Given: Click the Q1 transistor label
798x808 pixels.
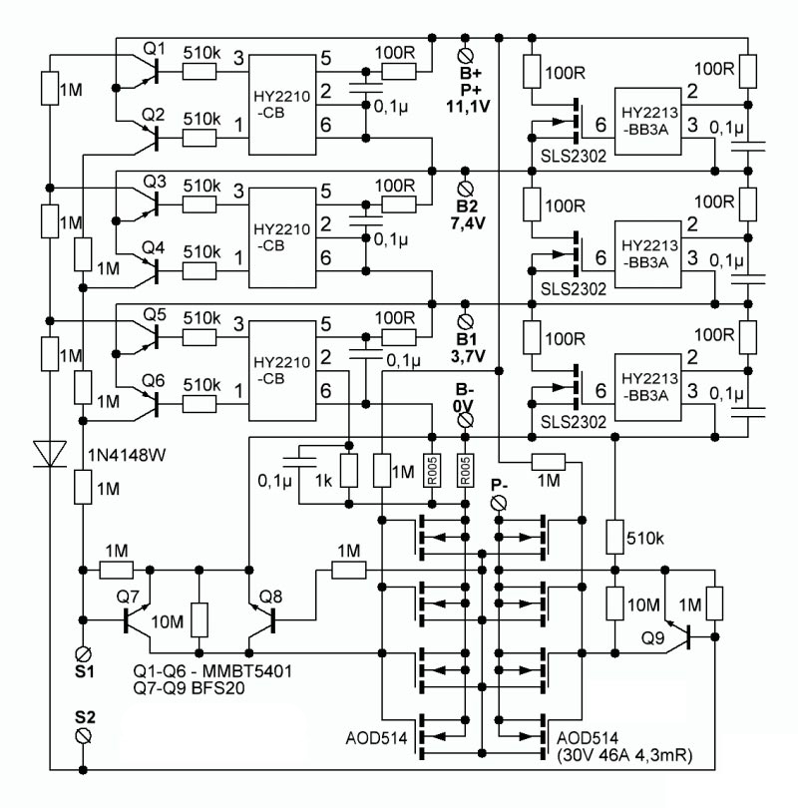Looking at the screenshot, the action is coord(154,49).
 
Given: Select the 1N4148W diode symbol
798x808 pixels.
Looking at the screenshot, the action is coord(50,454).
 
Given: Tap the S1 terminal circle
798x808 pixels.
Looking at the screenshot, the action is coord(83,654).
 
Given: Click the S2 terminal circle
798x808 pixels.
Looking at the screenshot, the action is coord(83,736).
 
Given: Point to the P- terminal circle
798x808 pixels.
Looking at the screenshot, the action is coord(499,503).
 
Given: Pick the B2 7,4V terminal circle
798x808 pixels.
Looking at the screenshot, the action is coord(465,189).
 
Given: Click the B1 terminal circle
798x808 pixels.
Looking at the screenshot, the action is coord(465,322).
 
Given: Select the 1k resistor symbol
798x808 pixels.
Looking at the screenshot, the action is coord(349,471).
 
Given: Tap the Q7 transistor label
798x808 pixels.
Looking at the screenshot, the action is coord(128,597).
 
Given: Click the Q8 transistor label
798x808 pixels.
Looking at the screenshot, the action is coord(270,597).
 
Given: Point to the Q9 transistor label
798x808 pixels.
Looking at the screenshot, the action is coord(652,638).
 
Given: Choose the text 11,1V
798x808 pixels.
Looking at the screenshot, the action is coord(468,107).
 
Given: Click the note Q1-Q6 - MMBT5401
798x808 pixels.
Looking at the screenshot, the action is coord(212,671).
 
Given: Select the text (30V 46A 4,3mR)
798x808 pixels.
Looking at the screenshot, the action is coord(624,755).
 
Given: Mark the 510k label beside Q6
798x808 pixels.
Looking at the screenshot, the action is coord(201,384).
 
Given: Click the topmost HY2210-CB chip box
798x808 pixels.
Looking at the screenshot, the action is coord(282,105).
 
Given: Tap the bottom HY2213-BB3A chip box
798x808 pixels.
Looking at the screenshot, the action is coord(648,387).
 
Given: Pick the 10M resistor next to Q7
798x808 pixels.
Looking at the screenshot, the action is coord(199,619).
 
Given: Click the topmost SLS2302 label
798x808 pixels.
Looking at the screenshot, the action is coord(574,156).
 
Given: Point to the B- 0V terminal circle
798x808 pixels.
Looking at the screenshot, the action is coord(465,421).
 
